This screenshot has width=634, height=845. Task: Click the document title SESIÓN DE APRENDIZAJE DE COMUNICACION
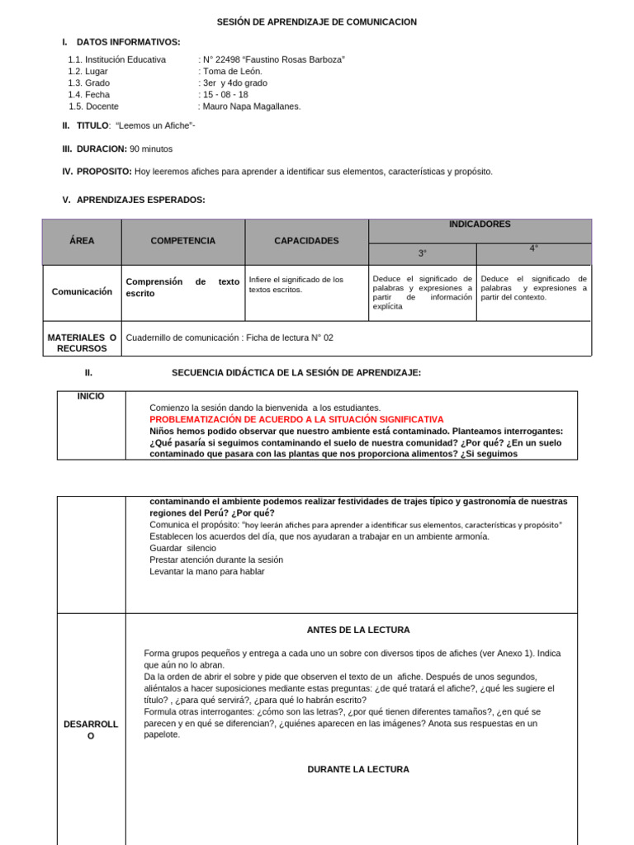tap(317, 22)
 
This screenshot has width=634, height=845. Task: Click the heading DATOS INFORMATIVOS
tap(128, 42)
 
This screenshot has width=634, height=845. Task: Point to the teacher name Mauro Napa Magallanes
tap(252, 106)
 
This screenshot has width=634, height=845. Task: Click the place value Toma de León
tap(233, 71)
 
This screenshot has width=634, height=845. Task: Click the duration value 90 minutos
tap(151, 149)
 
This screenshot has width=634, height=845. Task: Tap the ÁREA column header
tap(82, 241)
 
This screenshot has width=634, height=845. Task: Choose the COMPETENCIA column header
tap(182, 241)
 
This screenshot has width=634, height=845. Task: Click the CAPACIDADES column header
tap(306, 241)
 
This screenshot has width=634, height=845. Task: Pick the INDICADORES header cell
tap(480, 224)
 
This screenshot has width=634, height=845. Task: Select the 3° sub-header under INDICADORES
tap(423, 253)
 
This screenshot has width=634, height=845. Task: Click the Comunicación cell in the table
tap(82, 291)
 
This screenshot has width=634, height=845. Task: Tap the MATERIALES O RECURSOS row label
tap(82, 342)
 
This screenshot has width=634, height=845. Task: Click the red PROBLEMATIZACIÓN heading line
tap(296, 419)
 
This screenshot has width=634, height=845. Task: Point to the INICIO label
tap(91, 396)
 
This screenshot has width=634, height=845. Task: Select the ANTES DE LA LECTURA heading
tap(358, 630)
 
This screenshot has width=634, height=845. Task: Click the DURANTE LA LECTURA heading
tap(358, 769)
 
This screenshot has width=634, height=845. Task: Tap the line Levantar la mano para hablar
tap(207, 571)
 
